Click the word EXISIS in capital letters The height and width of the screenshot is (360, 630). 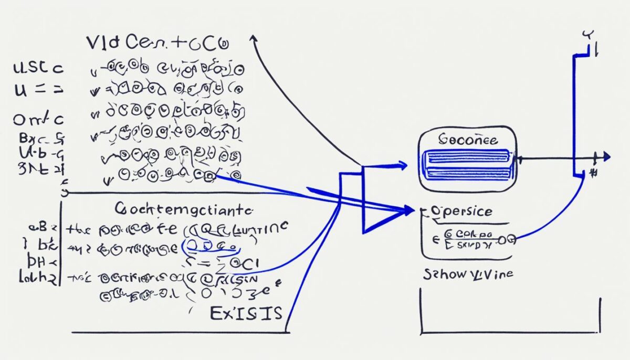246,313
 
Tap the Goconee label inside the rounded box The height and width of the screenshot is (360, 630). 468,141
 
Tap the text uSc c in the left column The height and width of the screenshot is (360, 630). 38,69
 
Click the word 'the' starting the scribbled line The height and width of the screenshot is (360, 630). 78,229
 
